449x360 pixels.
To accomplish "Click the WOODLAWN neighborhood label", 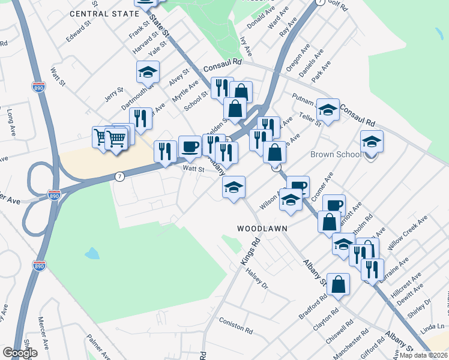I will tap(262, 229).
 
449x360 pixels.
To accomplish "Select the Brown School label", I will tap(336, 154).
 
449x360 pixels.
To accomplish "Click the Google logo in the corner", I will tap(20, 352).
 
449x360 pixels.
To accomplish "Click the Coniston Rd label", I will tap(236, 325).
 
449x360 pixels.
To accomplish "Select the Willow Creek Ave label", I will tap(406, 229).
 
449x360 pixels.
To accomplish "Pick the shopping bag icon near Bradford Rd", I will tap(339, 284).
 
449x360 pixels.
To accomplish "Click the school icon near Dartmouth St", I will tap(148, 73).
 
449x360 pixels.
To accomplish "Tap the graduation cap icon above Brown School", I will tap(372, 142).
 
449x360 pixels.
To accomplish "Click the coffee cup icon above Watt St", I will tap(190, 146).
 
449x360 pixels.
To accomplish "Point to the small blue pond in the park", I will tap(92, 253).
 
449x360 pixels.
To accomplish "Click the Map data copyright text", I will tap(423, 355).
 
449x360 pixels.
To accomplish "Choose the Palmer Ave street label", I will tap(100, 347).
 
